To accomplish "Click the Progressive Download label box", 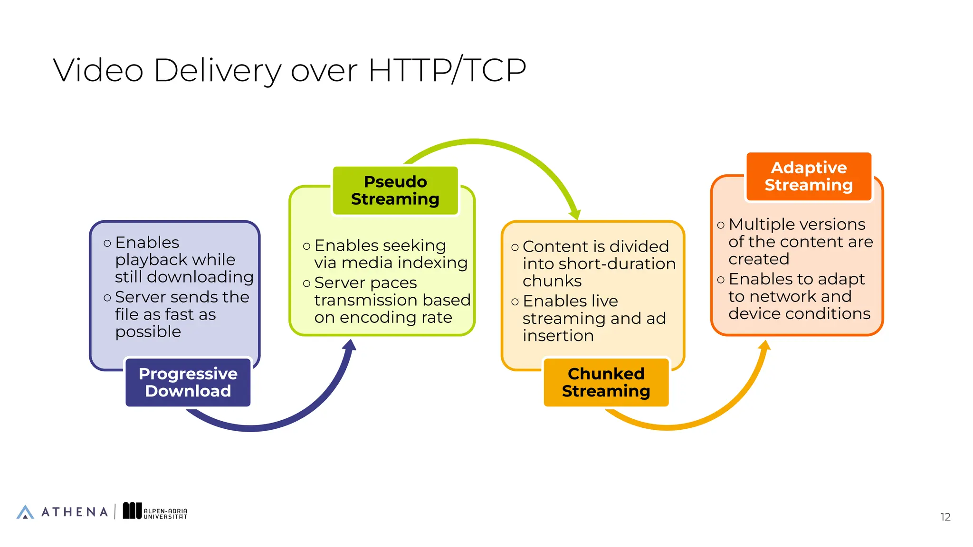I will (x=188, y=382).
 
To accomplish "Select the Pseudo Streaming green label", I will (x=395, y=190).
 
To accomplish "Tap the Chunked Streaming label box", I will (x=606, y=382).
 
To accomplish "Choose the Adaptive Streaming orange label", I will (x=809, y=176).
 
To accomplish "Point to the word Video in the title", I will (x=98, y=70).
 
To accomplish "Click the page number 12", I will (x=945, y=517).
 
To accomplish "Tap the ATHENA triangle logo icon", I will (x=25, y=512).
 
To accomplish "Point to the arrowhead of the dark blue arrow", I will (x=350, y=345).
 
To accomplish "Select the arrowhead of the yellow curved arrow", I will (x=764, y=345).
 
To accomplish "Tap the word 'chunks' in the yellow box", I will (x=552, y=281).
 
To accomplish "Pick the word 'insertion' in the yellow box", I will (x=558, y=336).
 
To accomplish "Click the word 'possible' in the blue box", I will (x=148, y=331).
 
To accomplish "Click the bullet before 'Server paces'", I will (x=306, y=284).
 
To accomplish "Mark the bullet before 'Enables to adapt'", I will (x=721, y=280).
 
